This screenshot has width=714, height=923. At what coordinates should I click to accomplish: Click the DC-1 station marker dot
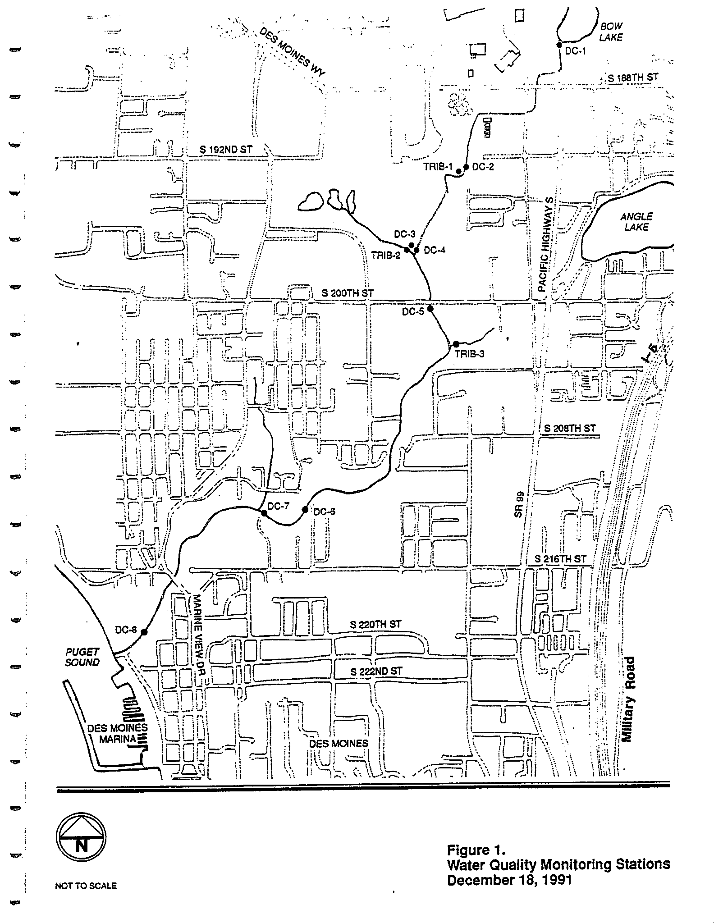pos(559,45)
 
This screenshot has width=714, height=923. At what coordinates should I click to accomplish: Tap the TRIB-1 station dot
pos(458,171)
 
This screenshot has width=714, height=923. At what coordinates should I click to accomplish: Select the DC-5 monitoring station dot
pos(430,309)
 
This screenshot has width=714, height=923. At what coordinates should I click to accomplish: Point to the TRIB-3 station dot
pos(456,344)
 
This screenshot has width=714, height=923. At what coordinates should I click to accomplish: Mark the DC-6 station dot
pos(305,510)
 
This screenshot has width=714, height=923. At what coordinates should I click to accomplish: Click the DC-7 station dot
pos(264,513)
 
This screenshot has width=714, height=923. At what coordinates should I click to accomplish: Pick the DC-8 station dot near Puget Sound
pos(144,632)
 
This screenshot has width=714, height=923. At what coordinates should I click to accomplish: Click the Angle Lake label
pos(636,222)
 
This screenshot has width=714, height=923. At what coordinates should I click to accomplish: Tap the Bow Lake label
pos(611,32)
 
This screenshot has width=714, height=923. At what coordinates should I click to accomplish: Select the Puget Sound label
pos(82,657)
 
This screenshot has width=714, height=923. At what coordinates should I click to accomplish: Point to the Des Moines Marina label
pos(117,733)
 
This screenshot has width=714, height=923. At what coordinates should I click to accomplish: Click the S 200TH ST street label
pos(348,293)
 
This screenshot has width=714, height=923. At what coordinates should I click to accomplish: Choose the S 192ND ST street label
pos(226,150)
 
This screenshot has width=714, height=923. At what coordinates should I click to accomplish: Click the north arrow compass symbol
pos(81,839)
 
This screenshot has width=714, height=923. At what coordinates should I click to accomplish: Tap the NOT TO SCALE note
pos(86,886)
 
